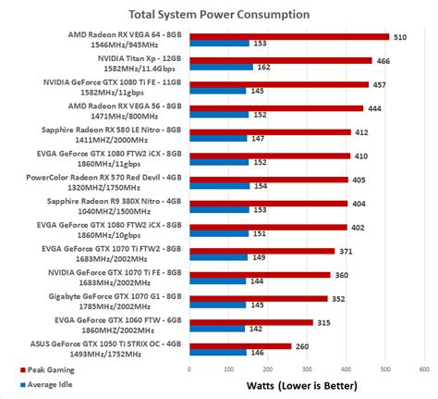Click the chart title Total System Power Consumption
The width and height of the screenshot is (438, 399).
pyautogui.click(x=219, y=15)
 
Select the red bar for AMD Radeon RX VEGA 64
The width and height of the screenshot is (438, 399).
pyautogui.click(x=287, y=37)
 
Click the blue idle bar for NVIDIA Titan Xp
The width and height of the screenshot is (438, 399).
pyautogui.click(x=218, y=67)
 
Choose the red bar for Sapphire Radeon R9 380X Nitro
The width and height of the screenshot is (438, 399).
pyautogui.click(x=267, y=203)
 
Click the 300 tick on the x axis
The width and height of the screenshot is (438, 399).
pyautogui.click(x=306, y=368)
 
